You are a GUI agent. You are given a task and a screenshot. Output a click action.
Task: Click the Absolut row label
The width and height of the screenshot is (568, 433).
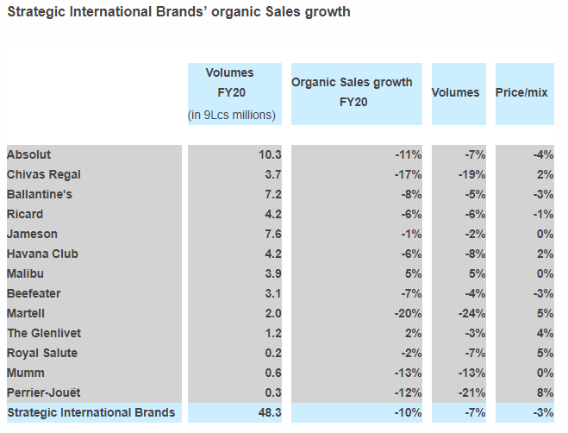(x=28, y=154)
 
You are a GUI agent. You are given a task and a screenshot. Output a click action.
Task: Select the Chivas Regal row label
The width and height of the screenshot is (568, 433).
(x=43, y=174)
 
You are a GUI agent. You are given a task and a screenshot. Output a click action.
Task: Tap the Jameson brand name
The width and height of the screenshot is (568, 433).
(x=34, y=234)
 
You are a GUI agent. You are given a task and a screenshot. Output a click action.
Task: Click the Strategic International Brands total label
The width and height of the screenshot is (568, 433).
(x=91, y=412)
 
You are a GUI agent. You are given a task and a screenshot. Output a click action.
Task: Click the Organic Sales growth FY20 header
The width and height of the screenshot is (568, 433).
(x=352, y=91)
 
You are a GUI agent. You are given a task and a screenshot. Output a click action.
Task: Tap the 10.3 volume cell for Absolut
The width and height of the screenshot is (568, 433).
(x=270, y=154)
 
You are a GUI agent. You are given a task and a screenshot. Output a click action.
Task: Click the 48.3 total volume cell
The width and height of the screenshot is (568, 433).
(x=270, y=412)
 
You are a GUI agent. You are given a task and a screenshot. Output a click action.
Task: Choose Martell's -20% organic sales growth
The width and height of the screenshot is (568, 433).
(x=408, y=313)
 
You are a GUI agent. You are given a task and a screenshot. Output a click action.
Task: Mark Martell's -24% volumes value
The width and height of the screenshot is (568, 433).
(x=471, y=313)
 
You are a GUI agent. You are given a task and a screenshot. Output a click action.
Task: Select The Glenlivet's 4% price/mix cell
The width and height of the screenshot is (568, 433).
(x=546, y=333)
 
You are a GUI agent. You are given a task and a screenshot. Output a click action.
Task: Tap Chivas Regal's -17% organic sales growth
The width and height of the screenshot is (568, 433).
(x=408, y=174)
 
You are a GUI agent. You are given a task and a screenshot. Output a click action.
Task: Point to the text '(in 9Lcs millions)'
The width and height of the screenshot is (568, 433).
(x=232, y=115)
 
